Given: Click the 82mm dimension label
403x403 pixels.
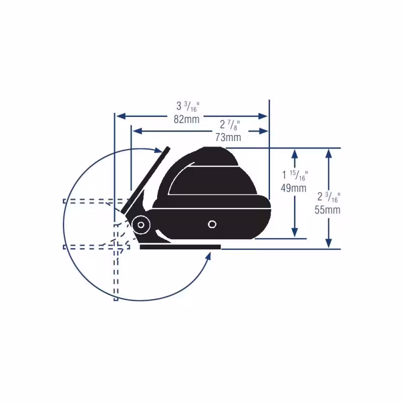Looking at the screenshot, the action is click(x=186, y=119).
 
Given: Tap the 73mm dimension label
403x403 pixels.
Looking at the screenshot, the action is click(x=228, y=137).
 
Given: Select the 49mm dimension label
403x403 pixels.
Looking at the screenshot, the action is click(x=294, y=188).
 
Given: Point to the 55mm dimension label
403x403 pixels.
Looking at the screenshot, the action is click(x=327, y=210).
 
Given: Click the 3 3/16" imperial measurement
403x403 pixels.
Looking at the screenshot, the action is click(x=188, y=106).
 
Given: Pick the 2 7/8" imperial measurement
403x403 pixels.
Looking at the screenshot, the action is click(x=230, y=125).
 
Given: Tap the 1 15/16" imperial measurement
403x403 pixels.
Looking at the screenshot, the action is click(x=295, y=175).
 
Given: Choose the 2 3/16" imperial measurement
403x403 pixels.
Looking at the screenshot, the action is click(x=329, y=197).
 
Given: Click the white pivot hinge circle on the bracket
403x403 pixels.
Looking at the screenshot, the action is click(x=141, y=225).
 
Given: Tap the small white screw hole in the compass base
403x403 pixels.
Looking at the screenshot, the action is click(x=212, y=224).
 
